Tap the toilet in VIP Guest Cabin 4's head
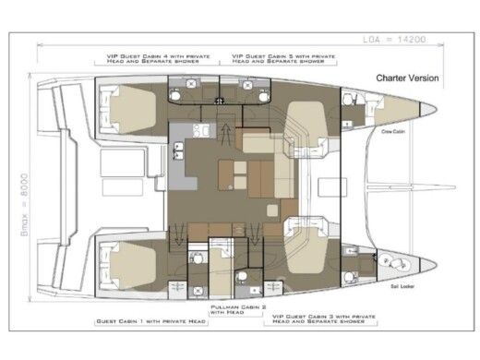188,84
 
